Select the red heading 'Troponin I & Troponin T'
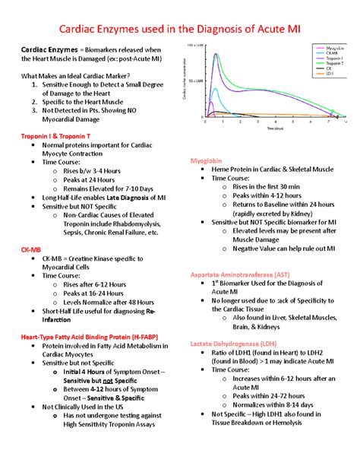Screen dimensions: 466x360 pos(55,135)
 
